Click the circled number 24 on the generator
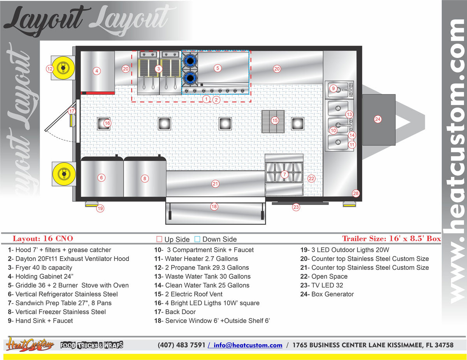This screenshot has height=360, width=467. point(377,119)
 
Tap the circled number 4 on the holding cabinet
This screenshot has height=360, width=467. point(97,71)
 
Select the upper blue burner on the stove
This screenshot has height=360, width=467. point(190,61)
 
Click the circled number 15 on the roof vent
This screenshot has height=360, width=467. point(275,121)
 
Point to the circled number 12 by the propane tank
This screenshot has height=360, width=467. point(49,69)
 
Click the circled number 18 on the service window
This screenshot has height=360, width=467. point(214,206)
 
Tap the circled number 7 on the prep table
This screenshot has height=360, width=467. point(284,175)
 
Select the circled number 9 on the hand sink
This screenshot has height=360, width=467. point(333,89)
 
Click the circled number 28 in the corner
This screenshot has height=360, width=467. point(356,193)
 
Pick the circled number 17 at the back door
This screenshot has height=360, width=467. point(72,111)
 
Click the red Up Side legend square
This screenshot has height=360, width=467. point(159,239)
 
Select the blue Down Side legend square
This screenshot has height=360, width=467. point(197,239)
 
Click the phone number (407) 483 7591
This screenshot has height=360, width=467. point(181,345)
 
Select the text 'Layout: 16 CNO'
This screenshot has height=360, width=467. point(43,239)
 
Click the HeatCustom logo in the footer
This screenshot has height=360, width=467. point(30,344)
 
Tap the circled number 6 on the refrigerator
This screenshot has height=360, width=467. point(101,178)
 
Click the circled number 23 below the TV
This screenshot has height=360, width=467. point(296,207)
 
